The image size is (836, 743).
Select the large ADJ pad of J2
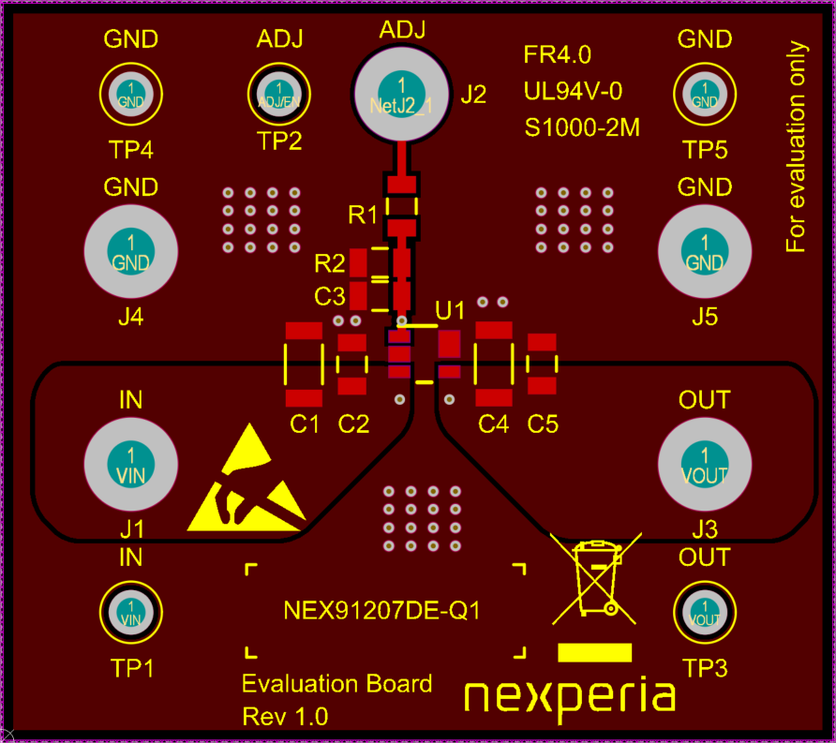pyautogui.click(x=401, y=91)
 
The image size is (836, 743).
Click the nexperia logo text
pyautogui.click(x=570, y=697)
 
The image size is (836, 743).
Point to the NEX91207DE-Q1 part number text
pyautogui.click(x=381, y=612)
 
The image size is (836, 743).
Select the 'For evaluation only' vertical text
pyautogui.click(x=796, y=147)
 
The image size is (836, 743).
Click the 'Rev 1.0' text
pyautogui.click(x=285, y=717)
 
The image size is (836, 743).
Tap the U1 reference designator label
pyautogui.click(x=451, y=309)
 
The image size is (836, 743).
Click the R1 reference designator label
pyautogui.click(x=362, y=215)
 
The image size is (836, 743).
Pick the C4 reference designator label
pyautogui.click(x=493, y=424)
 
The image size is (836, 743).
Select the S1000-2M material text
pyautogui.click(x=582, y=127)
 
